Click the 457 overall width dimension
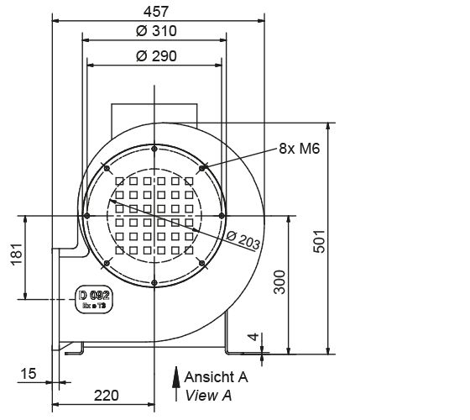155,11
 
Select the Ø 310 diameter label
154,32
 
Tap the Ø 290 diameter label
154,55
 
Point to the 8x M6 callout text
300,149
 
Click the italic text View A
211,394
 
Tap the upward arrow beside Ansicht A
177,381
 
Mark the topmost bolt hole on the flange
154,148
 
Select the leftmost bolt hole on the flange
86,216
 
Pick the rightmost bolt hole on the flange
222,216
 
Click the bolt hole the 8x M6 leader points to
202,168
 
